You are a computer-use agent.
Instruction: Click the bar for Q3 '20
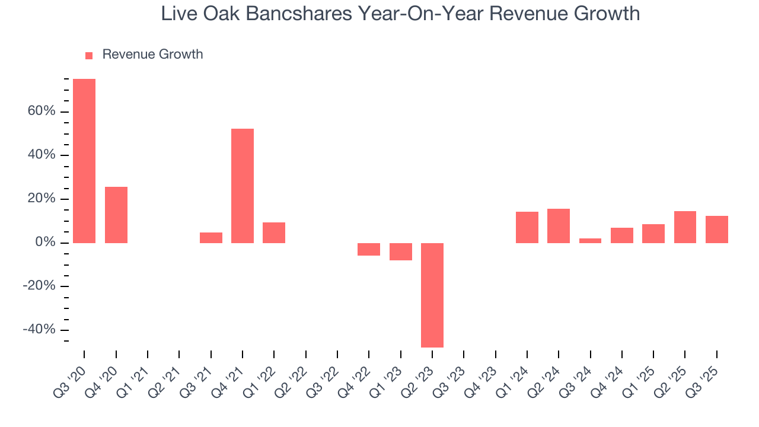click(x=84, y=161)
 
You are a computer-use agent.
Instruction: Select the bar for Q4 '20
click(x=116, y=215)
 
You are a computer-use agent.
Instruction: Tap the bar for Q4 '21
click(x=243, y=186)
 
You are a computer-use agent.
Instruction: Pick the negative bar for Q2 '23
click(x=432, y=295)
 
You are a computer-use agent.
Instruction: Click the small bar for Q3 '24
click(x=590, y=241)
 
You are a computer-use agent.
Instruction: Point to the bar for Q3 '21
click(x=211, y=238)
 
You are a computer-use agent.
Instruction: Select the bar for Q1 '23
click(x=401, y=251)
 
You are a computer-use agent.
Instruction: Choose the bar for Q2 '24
click(x=559, y=226)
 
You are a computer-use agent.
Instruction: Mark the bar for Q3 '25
click(x=716, y=230)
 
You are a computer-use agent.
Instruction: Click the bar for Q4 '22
click(x=369, y=249)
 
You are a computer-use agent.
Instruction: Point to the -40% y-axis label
click(x=39, y=330)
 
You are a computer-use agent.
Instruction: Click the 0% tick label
click(x=45, y=243)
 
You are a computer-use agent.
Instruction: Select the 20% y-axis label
click(x=42, y=199)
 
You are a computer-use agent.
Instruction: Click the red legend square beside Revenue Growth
click(x=89, y=55)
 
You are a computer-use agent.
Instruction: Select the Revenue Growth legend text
click(x=152, y=55)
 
